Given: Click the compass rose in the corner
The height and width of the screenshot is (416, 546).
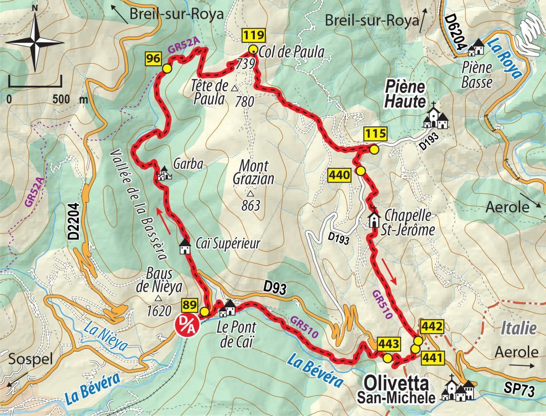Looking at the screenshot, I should tap(34, 42).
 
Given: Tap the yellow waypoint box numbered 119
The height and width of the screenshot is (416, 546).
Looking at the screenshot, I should tap(253, 36).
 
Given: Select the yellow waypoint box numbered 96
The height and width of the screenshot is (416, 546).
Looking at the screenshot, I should tap(153, 59).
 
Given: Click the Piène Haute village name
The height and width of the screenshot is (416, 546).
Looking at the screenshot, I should tap(404, 94).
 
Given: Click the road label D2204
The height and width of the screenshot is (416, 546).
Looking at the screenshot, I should tap(74, 221).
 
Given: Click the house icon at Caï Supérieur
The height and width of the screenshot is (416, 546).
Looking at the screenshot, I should tap(185, 246).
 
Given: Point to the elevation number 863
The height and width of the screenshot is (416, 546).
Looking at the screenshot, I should tap(251, 206).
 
